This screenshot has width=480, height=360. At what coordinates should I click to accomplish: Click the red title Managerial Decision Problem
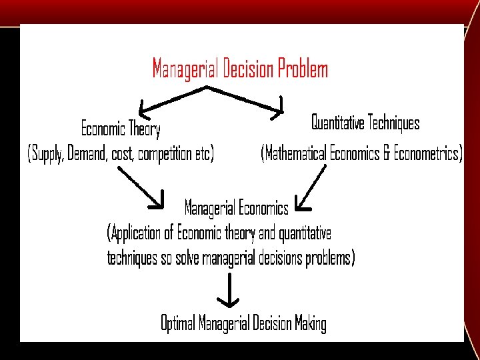tap(240, 69)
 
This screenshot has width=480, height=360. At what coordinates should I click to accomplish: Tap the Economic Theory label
tap(121, 127)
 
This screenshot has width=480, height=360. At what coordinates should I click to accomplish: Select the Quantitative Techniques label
tap(365, 123)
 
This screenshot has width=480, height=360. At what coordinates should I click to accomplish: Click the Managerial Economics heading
tap(236, 208)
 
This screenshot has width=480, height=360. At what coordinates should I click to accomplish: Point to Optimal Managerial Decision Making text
tap(243, 324)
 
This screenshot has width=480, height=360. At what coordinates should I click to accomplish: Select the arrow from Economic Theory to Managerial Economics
tap(141, 187)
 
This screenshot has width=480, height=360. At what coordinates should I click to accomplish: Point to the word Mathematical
tap(296, 154)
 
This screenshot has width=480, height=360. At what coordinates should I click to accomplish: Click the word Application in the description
tap(137, 233)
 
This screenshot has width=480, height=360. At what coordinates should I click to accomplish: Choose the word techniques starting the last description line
tap(133, 258)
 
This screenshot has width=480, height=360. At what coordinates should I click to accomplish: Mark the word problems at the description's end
tap(329, 258)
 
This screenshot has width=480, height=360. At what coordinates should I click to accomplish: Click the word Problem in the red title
tap(303, 69)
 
